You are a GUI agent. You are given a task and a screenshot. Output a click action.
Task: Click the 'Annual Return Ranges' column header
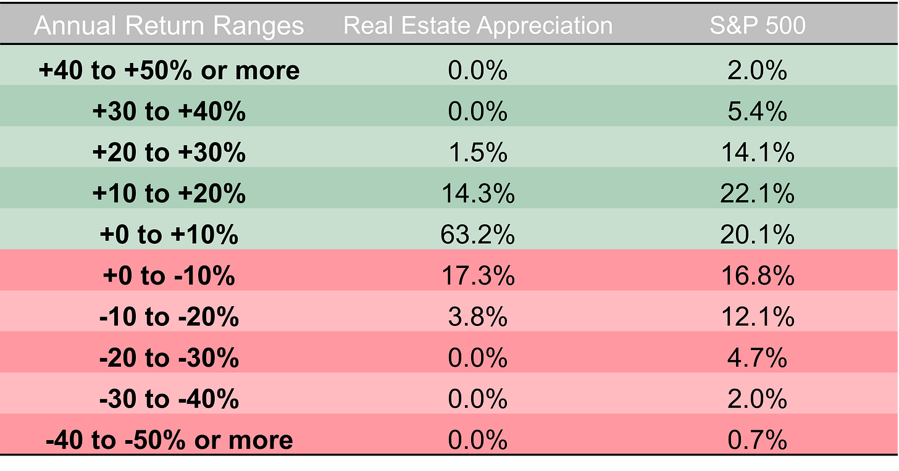pos(169,26)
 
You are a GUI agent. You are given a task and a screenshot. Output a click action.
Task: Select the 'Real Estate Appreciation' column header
pos(477,26)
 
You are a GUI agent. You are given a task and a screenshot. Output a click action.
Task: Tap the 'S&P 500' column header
pos(757,26)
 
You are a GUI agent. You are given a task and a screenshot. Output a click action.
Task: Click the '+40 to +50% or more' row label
pos(169,70)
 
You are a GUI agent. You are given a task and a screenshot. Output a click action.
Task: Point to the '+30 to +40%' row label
pos(169,112)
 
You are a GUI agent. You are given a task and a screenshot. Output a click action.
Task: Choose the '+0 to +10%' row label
pos(169,235)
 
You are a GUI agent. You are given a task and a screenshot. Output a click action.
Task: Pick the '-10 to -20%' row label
pos(169,317)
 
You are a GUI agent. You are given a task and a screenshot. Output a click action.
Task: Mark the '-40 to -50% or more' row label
pos(169,440)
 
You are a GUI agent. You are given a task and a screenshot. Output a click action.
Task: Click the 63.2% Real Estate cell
pos(477,235)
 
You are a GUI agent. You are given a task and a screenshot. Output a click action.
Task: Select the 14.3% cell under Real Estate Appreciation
pos(477,194)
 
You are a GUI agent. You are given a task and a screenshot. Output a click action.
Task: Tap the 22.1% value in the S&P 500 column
pos(757,194)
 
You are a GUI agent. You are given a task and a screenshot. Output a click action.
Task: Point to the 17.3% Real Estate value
pos(477,276)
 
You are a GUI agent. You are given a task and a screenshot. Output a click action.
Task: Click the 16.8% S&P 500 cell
pos(757,276)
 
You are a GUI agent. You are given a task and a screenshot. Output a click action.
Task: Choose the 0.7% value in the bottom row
pos(757,440)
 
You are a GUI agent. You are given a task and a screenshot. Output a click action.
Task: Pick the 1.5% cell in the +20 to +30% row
pos(477,153)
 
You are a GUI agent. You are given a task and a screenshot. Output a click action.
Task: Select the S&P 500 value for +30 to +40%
pos(757,112)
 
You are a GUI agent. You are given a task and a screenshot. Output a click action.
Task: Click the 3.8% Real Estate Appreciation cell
pos(477,317)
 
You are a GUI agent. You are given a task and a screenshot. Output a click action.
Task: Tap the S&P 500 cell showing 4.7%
pos(757,358)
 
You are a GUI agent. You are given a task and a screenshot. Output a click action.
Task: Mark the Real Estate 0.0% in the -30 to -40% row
pos(477,399)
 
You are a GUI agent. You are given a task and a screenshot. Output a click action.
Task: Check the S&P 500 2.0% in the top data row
pos(757,70)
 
